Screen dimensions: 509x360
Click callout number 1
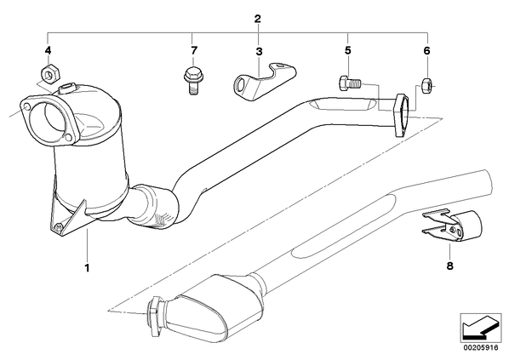pos(87,268)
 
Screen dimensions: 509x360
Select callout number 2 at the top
pos(257,19)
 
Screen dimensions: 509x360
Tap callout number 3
pos(259,52)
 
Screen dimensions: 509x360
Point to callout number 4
pos(48,50)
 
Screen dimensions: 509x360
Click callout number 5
pos(347,50)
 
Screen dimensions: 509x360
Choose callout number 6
pos(426,50)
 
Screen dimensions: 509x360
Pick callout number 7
pos(193,50)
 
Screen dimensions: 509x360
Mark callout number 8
pos(449,266)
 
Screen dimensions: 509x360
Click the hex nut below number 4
pos(49,73)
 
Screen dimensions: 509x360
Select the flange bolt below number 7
pos(192,80)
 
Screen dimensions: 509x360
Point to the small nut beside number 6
pos(427,85)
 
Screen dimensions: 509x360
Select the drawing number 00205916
pos(480,348)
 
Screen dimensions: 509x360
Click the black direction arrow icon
pos(478,328)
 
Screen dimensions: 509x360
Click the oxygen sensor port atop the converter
pos(66,88)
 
